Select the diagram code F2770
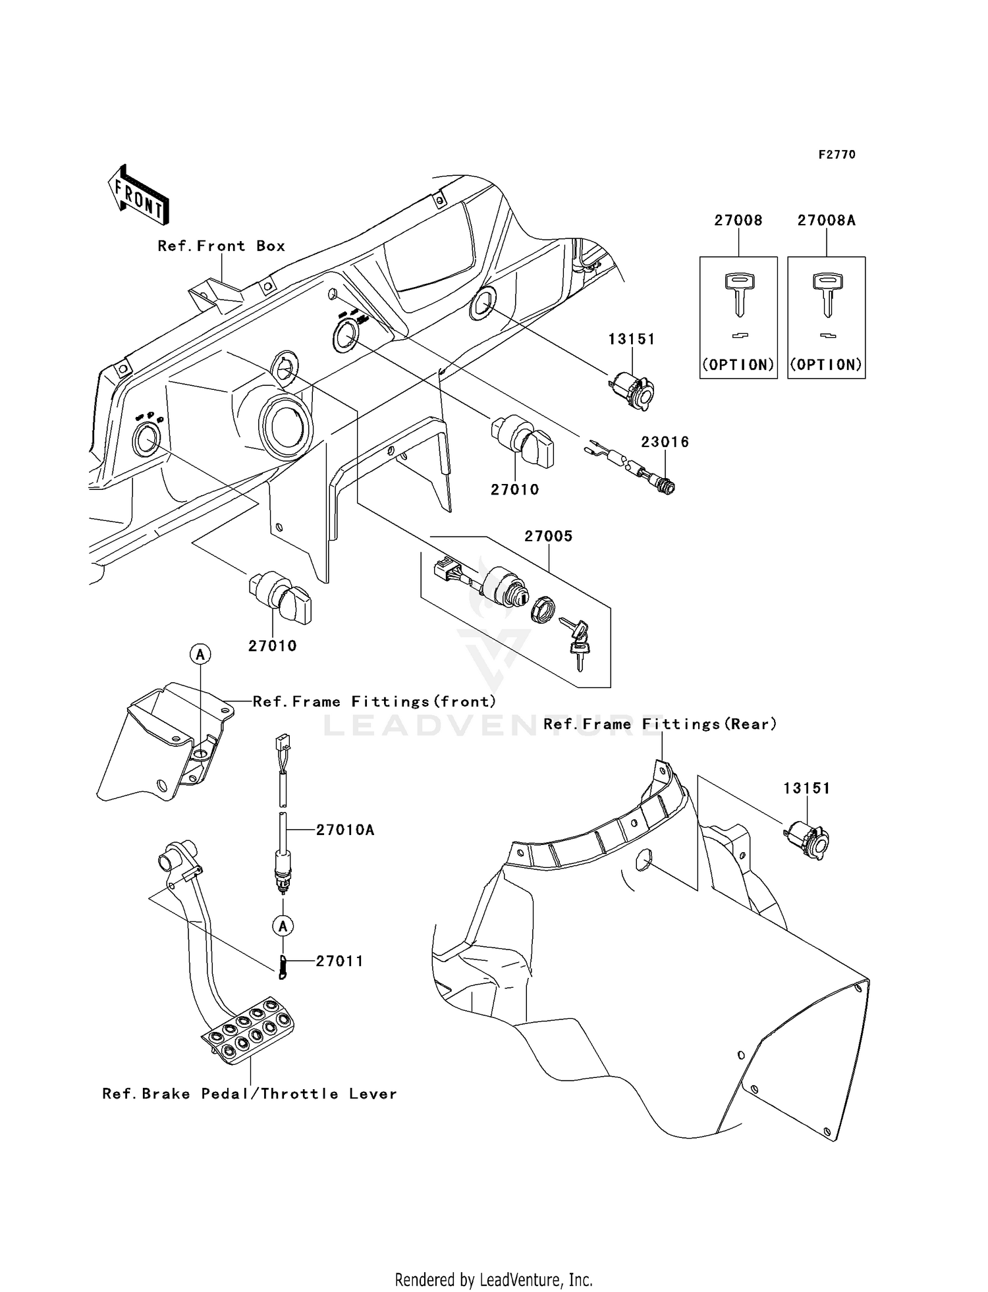pos(837,155)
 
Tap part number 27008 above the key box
pos(738,221)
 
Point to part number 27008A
pos(826,221)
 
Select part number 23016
pos(665,442)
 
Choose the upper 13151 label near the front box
pos(631,339)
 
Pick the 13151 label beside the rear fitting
pos(806,788)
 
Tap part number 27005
pos(548,536)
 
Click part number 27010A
pos(344,830)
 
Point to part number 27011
pos(339,961)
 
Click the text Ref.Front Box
pos(221,246)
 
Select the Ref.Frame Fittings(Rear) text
pos(660,724)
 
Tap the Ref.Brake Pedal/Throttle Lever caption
pos(250,1094)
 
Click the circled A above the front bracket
pos(200,655)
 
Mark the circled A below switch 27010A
pos(283,926)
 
